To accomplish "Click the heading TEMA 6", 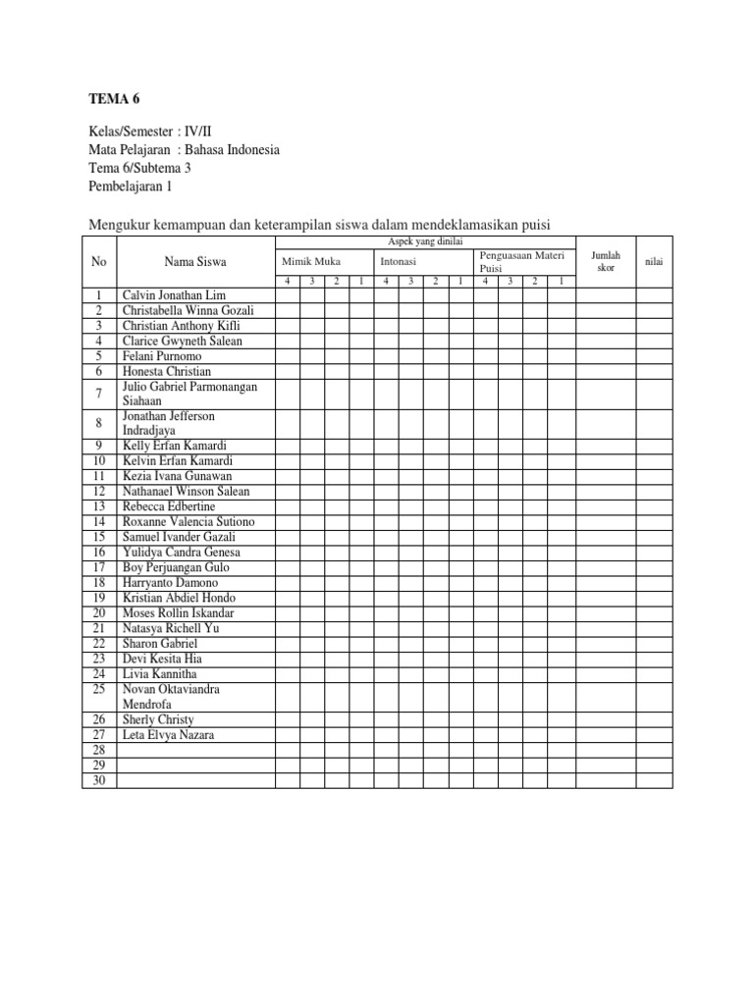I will [x=114, y=99].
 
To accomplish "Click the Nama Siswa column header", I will [x=195, y=262].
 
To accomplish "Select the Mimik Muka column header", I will [x=311, y=262].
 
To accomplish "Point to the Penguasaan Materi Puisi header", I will [x=522, y=261].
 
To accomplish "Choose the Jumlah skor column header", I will [x=606, y=261].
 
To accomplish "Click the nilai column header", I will [x=653, y=262].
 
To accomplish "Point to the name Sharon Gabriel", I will [x=160, y=644].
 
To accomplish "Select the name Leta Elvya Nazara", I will [x=168, y=735].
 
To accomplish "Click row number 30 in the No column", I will [x=98, y=781].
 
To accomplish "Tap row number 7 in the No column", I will [x=98, y=394].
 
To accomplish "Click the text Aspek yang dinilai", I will [x=425, y=241].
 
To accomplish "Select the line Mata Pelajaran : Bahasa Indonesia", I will [x=184, y=150].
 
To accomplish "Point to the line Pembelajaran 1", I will [x=130, y=185].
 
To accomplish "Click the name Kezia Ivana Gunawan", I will [x=178, y=476].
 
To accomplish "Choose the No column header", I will [x=98, y=262].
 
